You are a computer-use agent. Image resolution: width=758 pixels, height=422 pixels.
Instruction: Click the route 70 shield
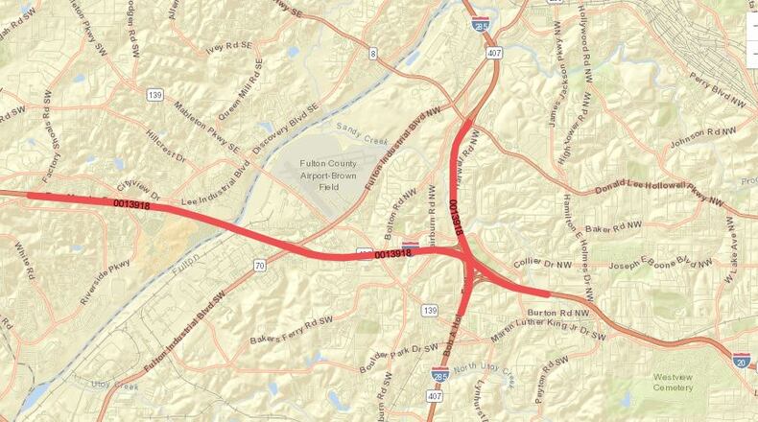pyautogui.click(x=259, y=264)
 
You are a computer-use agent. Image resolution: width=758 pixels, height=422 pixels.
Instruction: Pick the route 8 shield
pyautogui.click(x=373, y=54)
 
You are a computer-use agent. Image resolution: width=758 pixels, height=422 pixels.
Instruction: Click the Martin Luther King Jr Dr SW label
pyautogui.click(x=549, y=331)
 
